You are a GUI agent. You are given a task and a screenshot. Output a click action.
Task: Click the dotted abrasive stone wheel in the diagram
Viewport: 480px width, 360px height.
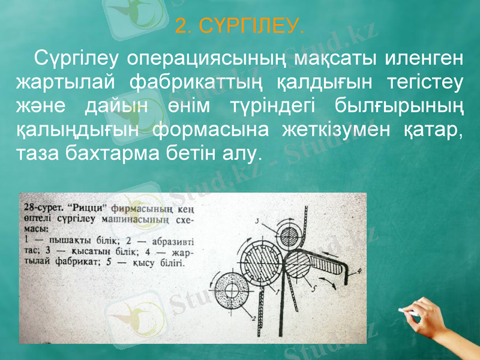coord(231,290)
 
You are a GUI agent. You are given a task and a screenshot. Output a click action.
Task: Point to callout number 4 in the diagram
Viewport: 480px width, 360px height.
coord(359,272)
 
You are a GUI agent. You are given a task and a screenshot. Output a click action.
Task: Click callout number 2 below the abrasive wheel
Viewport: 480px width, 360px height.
coord(254,318)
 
